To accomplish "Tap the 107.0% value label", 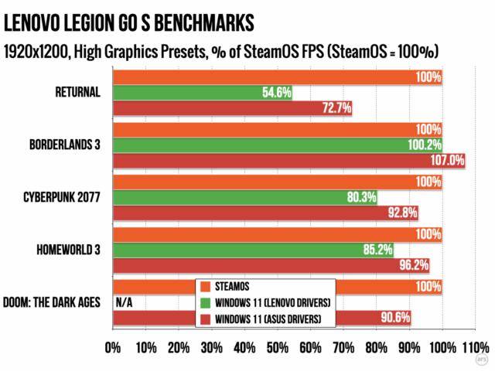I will [449, 161].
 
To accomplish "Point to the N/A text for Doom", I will [124, 302].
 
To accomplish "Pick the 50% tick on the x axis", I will [278, 345].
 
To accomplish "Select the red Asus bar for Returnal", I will [232, 109].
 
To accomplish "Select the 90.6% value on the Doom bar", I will [395, 318].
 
